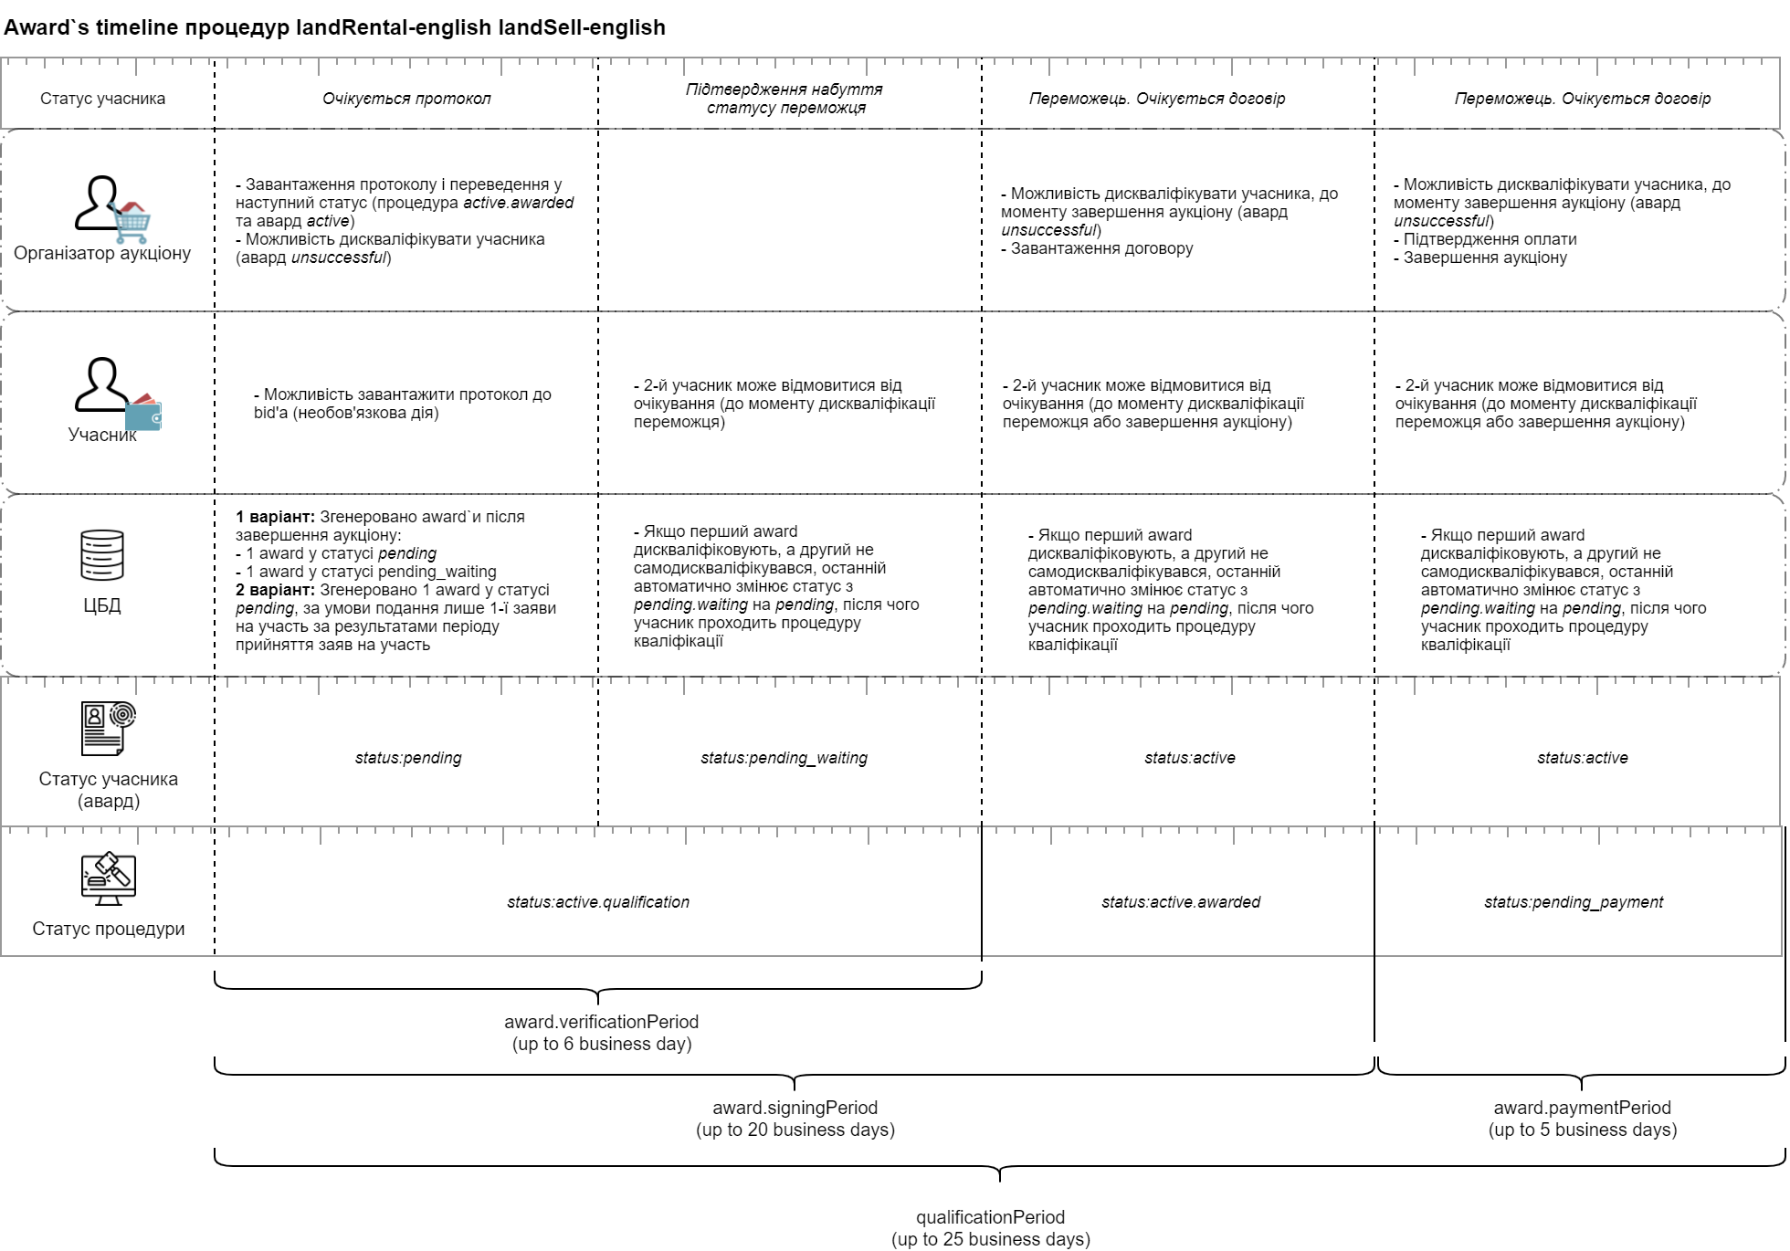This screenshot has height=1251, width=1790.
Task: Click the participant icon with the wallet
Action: [115, 391]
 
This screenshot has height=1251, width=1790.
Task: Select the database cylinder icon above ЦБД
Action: [102, 555]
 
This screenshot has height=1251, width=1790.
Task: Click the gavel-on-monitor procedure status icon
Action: [108, 878]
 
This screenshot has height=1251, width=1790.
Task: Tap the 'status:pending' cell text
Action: [408, 758]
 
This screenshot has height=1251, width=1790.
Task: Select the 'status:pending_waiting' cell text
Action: [784, 758]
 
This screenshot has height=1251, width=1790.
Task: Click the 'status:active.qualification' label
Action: [598, 902]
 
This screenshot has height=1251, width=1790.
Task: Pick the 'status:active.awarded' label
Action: [1180, 902]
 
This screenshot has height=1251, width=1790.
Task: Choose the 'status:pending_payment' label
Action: [1573, 902]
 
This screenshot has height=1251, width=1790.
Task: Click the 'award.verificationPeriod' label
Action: [601, 1022]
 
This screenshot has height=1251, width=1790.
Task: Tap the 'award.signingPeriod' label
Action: [795, 1108]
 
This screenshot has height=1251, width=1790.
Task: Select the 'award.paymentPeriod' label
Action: [1582, 1108]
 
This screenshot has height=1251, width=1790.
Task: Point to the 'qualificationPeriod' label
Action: [990, 1217]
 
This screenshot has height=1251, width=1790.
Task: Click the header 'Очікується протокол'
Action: [406, 99]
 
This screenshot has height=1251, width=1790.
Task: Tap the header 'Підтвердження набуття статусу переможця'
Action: [784, 99]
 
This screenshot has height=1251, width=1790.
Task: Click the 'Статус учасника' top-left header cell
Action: [102, 99]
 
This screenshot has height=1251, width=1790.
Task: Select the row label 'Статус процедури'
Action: [108, 929]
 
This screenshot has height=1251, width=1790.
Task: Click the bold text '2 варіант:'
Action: [275, 590]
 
